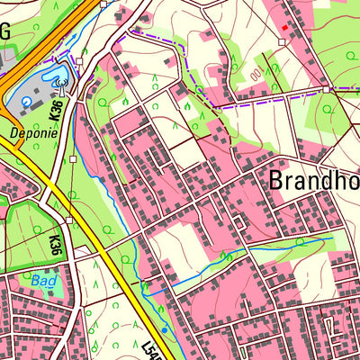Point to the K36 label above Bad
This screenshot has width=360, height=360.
pos(55,244)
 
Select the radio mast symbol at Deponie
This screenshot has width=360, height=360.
pos(60,86)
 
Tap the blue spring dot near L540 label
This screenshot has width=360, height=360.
pos(164,330)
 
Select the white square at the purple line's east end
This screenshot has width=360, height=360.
pos(326,89)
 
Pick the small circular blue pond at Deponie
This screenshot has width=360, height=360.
pos(26,103)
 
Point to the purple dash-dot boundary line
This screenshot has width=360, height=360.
pos(180,54)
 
